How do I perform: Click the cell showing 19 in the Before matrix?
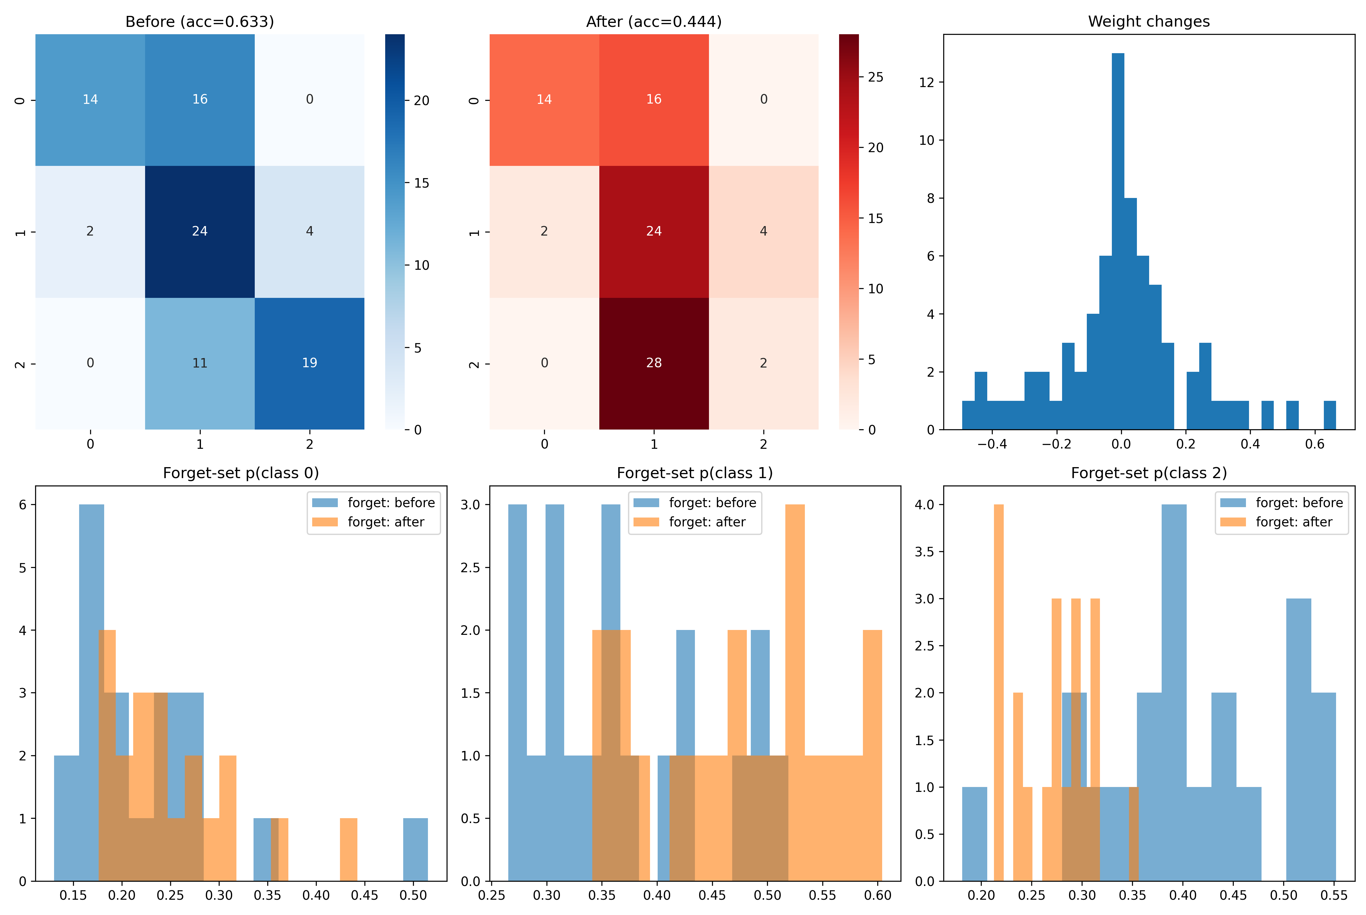point(309,363)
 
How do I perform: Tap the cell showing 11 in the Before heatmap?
point(199,363)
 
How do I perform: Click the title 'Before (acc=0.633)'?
point(199,22)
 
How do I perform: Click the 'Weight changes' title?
point(1149,22)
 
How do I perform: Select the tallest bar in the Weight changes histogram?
point(1118,233)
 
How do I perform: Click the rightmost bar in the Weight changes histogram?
point(1329,415)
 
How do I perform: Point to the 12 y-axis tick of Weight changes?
point(926,82)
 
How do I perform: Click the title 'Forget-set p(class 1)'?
point(694,473)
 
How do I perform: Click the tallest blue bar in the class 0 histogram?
point(92,689)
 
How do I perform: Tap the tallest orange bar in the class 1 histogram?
point(794,689)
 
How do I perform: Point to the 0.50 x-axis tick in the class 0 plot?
point(413,895)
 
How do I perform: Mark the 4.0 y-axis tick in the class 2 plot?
point(925,505)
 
